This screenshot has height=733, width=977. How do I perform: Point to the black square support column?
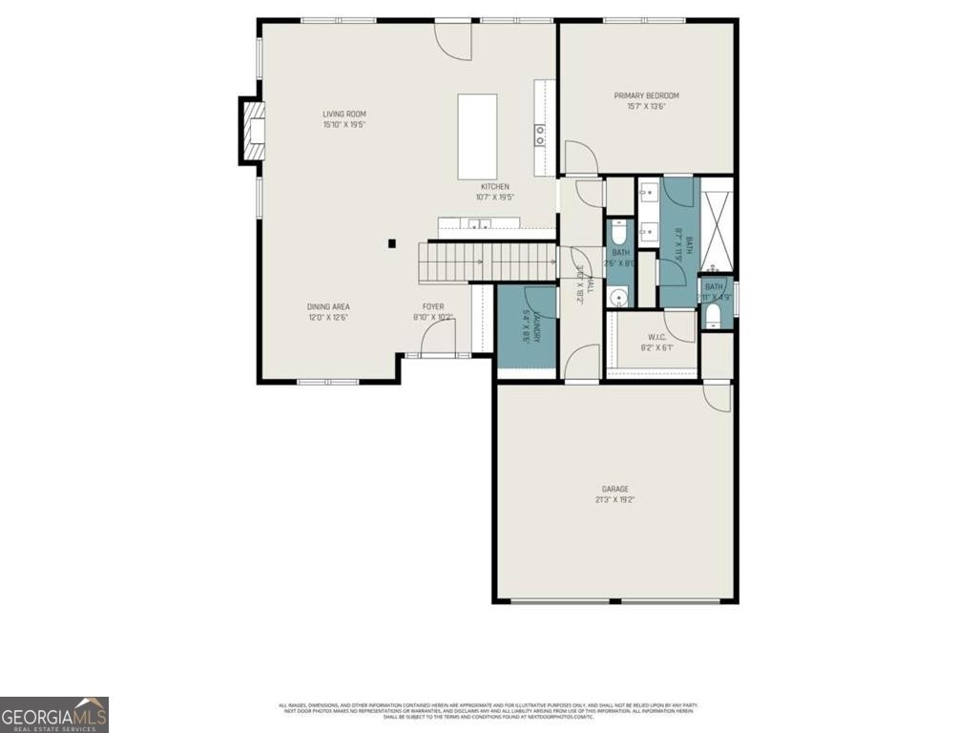pyautogui.click(x=392, y=243)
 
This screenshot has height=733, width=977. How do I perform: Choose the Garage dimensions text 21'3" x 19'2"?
pyautogui.click(x=613, y=499)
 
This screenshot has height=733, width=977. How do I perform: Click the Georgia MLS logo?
pyautogui.click(x=54, y=715)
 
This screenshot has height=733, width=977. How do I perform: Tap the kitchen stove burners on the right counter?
pyautogui.click(x=540, y=135)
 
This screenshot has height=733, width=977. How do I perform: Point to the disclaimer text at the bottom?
pyautogui.click(x=488, y=710)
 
